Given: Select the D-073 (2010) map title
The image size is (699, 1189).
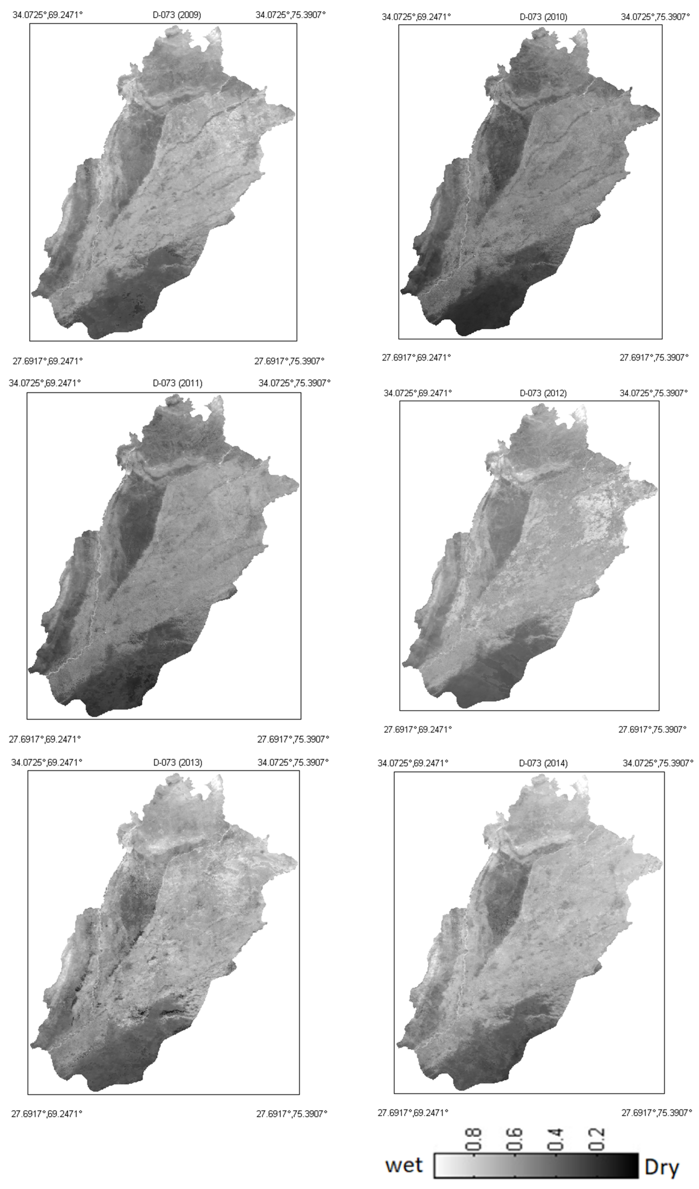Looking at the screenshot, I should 543,17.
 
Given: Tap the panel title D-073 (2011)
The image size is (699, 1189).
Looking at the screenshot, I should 177,383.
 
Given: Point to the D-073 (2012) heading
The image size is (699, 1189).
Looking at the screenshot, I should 543,393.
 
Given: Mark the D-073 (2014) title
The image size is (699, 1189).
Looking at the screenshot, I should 543,763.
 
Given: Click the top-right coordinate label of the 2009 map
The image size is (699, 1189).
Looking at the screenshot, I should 291,15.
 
